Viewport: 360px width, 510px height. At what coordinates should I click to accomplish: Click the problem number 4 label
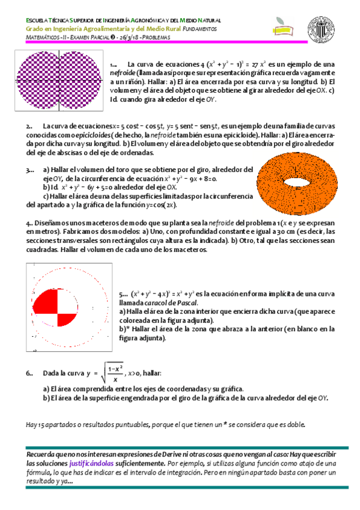click(x=29, y=223)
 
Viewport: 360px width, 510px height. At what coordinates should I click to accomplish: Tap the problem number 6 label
click(x=29, y=373)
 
